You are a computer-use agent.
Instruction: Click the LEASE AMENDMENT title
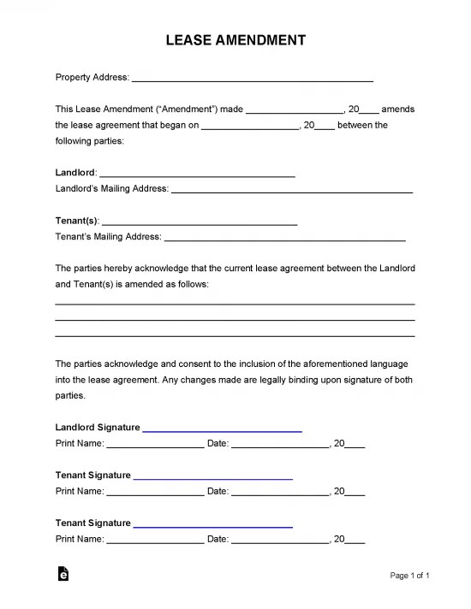[x=235, y=40]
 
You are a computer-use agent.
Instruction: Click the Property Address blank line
[x=253, y=79]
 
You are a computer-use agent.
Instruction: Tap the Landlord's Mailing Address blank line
[x=292, y=189]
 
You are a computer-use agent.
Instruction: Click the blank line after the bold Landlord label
[x=197, y=174]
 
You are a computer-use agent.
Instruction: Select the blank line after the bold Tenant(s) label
[x=199, y=222]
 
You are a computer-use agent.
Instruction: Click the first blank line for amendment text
[x=235, y=304]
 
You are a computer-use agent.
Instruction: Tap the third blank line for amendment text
[x=235, y=335]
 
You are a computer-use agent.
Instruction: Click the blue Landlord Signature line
[x=222, y=429]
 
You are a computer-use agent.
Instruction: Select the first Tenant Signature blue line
[x=213, y=476]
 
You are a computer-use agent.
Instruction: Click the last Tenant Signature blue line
[x=213, y=524]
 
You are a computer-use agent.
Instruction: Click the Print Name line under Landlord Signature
[x=155, y=446]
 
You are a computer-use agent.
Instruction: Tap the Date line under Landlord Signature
[x=280, y=446]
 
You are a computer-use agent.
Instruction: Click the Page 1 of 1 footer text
[x=409, y=576]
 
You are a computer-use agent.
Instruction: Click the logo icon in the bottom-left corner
[x=63, y=576]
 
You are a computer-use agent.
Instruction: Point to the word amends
[x=398, y=109]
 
